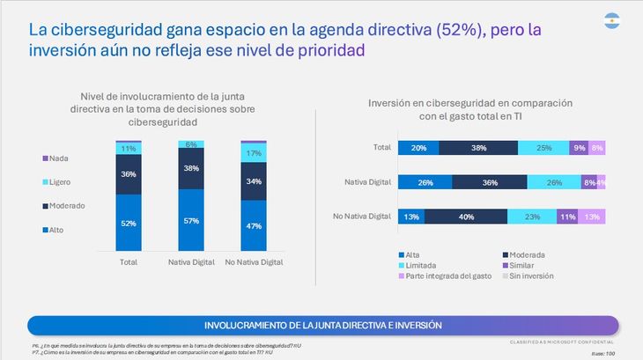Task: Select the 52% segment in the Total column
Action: click(128, 224)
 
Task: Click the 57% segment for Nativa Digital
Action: click(191, 220)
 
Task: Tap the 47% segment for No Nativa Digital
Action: click(254, 225)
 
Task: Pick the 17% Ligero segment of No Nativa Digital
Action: click(254, 153)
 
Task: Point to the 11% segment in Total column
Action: click(128, 149)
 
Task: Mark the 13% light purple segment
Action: click(591, 216)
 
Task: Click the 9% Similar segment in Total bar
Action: click(579, 149)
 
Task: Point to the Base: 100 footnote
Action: click(603, 353)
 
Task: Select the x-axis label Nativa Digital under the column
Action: click(191, 262)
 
